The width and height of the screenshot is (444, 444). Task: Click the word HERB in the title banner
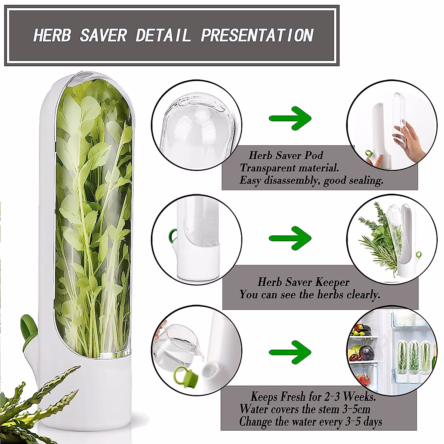click(x=52, y=36)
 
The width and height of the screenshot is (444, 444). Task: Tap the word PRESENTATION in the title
click(x=257, y=36)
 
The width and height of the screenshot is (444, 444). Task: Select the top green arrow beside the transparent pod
click(x=290, y=118)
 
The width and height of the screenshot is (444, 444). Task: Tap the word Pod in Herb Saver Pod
click(x=313, y=155)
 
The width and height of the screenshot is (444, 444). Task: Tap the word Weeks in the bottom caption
click(x=359, y=397)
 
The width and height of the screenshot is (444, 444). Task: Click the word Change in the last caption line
click(x=255, y=422)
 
